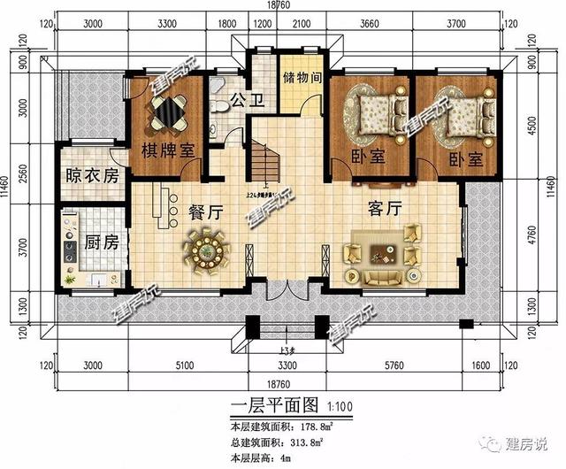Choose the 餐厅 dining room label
(205, 211)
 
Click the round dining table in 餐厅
(207, 250)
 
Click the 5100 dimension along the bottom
(183, 364)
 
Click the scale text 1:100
(325, 407)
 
